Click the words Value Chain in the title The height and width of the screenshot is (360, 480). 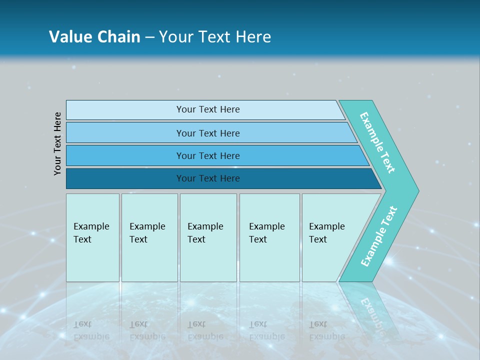click(94, 37)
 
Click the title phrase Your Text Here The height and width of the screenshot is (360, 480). click(215, 37)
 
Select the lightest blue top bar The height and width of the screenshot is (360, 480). click(125, 109)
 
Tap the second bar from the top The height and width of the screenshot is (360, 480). click(125, 132)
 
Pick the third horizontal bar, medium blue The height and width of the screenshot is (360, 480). click(125, 155)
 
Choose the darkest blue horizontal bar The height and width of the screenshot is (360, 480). click(125, 178)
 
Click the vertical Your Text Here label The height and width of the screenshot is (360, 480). click(57, 143)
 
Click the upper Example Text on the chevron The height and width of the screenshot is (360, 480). click(377, 142)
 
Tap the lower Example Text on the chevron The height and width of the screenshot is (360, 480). click(378, 236)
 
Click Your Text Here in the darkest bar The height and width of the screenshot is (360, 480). click(208, 178)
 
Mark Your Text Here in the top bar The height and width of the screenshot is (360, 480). click(208, 109)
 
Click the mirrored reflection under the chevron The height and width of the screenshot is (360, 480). click(372, 310)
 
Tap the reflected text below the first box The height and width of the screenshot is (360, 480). click(91, 330)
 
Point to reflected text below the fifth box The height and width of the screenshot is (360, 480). click(326, 330)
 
